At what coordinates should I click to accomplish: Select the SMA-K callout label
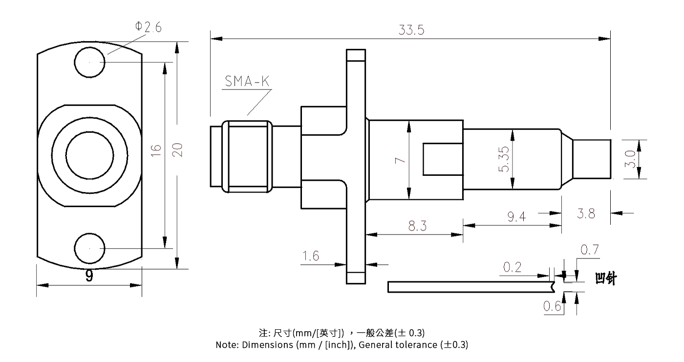pos(247,82)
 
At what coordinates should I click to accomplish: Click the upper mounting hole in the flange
pos(89,63)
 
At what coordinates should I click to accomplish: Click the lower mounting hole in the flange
pos(89,248)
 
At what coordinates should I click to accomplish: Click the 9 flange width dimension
pos(89,277)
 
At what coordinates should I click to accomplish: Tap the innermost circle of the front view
pos(89,155)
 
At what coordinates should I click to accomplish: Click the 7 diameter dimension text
pos(399,161)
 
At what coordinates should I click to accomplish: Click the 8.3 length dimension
pos(417,226)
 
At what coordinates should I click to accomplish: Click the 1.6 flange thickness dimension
pos(311,256)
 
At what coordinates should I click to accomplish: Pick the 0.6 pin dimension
pos(553,307)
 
